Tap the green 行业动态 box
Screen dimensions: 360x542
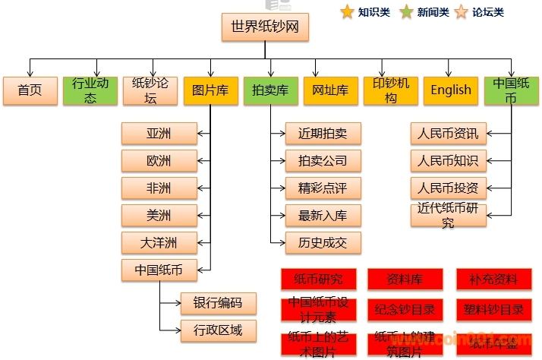(90, 90)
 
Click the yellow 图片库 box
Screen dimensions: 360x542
(210, 90)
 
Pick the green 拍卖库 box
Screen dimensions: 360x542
(271, 90)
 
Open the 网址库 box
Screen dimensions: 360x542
(330, 90)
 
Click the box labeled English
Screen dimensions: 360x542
(451, 90)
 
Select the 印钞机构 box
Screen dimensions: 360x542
(390, 90)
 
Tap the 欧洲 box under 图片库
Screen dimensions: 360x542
(159, 161)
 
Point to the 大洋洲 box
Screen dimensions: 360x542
(159, 243)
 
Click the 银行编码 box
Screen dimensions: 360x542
(218, 303)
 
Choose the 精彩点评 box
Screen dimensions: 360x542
(323, 188)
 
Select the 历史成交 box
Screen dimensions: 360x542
(323, 243)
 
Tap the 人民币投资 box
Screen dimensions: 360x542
(448, 188)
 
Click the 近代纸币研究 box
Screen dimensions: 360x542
(448, 216)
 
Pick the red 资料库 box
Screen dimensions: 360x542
(405, 279)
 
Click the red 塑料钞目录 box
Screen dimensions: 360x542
(494, 309)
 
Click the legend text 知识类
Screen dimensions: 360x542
(374, 12)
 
